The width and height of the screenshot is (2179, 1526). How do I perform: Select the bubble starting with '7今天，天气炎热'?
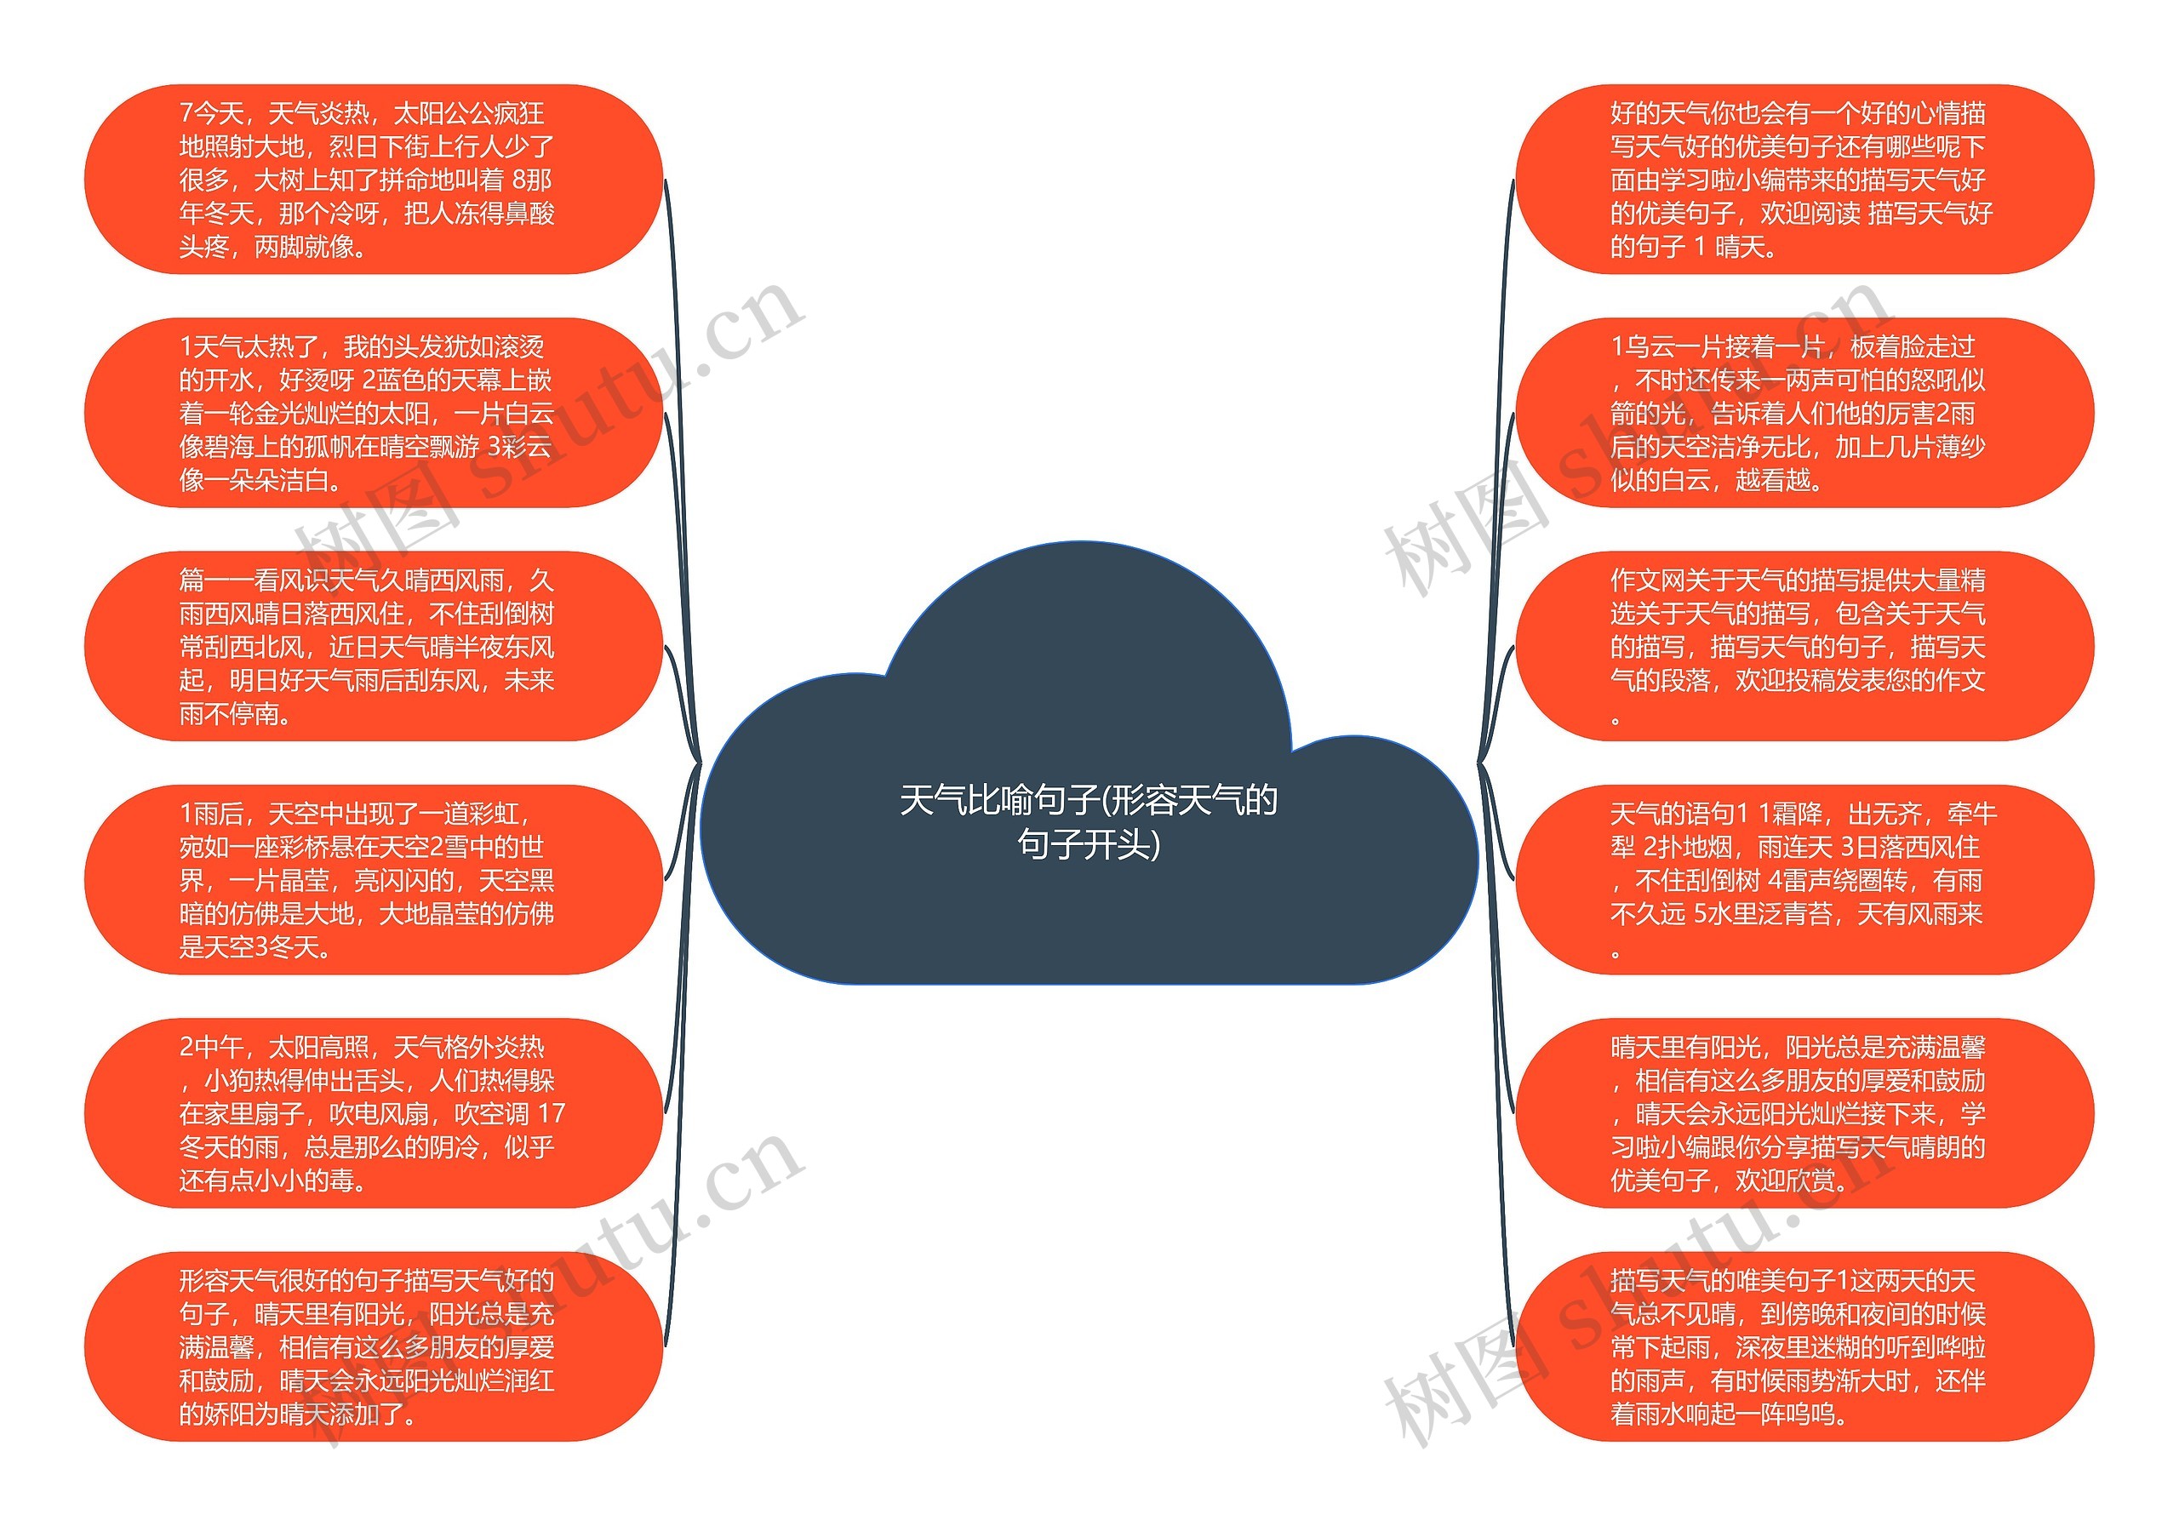pos(373,180)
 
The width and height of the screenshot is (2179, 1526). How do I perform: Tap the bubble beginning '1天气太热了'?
pos(373,413)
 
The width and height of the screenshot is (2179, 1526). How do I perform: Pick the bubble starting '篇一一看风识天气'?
pos(373,646)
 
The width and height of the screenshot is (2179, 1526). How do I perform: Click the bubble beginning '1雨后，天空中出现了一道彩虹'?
pos(373,880)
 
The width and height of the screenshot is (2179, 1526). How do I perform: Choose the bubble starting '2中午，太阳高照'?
pos(373,1113)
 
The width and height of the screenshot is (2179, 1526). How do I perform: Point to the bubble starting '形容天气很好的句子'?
pos(373,1346)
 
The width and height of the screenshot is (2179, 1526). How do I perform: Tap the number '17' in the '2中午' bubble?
pos(551,1114)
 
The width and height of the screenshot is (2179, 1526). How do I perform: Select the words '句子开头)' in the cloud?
pos(1089,843)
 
